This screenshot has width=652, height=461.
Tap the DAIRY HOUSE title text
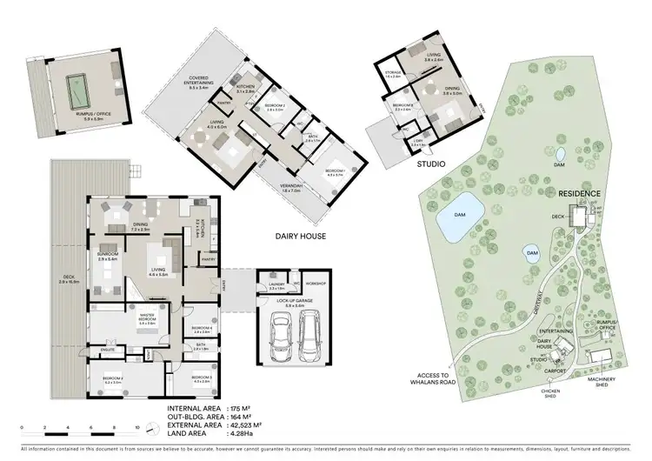click(300, 235)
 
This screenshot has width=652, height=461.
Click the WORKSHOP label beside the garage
click(315, 283)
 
